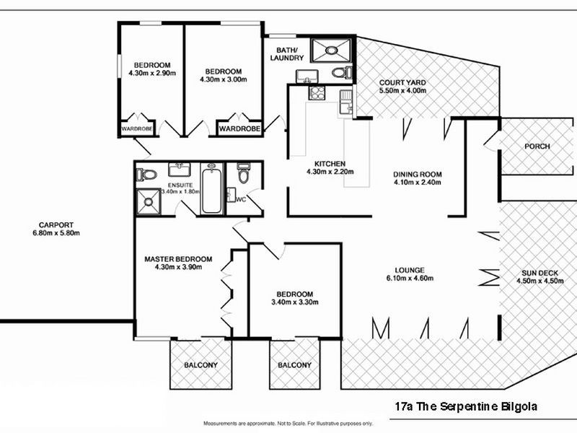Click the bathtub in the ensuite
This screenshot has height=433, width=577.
click(212, 190)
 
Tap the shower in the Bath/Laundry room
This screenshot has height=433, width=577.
click(332, 51)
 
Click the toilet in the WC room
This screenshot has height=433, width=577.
click(243, 174)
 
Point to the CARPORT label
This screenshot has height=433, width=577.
click(56, 224)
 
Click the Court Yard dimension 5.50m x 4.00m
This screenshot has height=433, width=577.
click(402, 91)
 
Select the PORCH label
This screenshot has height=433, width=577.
click(537, 146)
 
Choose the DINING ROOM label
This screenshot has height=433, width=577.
click(417, 174)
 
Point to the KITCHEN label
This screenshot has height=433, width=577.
click(330, 163)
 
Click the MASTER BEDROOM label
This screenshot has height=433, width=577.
click(177, 259)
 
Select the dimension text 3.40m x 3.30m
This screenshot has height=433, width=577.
click(295, 302)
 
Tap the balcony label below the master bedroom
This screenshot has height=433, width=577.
click(200, 365)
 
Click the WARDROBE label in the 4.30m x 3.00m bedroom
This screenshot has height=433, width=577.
click(239, 128)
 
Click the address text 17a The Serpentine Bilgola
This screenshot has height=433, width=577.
click(466, 406)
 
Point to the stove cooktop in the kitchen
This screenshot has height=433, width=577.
click(317, 92)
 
